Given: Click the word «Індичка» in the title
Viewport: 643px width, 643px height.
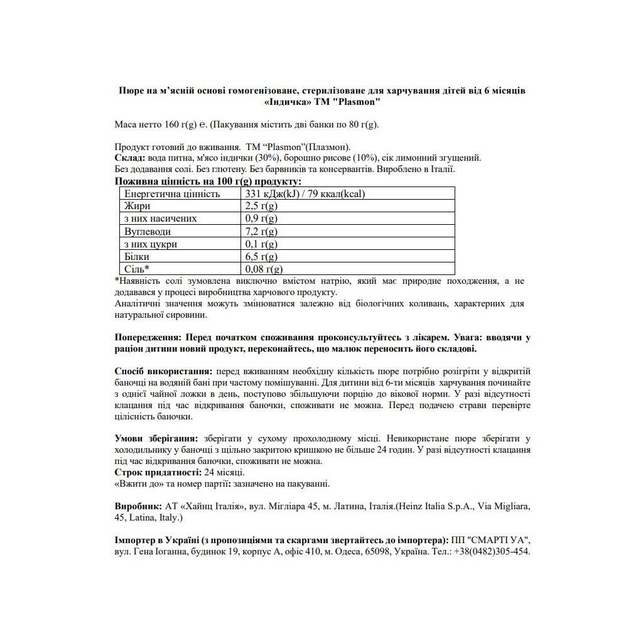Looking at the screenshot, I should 285,102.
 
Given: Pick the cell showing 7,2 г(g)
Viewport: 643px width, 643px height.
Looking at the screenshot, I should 261,232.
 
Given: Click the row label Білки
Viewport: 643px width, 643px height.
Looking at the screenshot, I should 137,257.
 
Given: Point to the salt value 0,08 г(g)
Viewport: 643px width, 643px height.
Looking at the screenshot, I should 262,269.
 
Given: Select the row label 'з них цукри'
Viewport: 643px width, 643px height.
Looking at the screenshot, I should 151,244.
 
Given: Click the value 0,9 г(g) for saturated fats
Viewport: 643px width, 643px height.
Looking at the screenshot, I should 261,219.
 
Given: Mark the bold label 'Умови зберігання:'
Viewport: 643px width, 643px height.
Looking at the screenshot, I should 156,438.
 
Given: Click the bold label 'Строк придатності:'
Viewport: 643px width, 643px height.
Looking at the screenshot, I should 158,472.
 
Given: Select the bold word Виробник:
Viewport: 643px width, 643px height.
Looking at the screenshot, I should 138,505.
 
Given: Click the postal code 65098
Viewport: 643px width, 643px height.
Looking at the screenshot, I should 377,551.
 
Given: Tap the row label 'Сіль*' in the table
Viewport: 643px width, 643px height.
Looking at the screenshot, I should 137,269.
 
